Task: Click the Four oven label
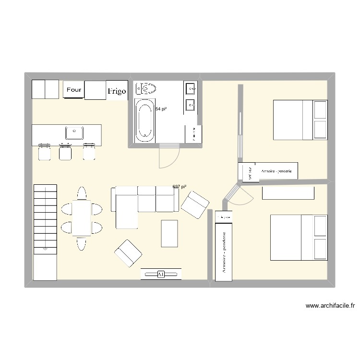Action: [x=74, y=90]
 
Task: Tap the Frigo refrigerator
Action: [x=117, y=90]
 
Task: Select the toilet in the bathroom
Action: [x=146, y=89]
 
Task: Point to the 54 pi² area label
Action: [x=161, y=109]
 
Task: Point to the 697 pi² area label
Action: [x=179, y=186]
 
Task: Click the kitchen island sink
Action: [x=74, y=132]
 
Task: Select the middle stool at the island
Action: [x=65, y=152]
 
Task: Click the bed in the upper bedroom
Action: [x=300, y=120]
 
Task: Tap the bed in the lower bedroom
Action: [x=298, y=235]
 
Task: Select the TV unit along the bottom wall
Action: [x=161, y=274]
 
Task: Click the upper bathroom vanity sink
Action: [x=190, y=88]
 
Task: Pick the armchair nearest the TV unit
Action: [x=128, y=253]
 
